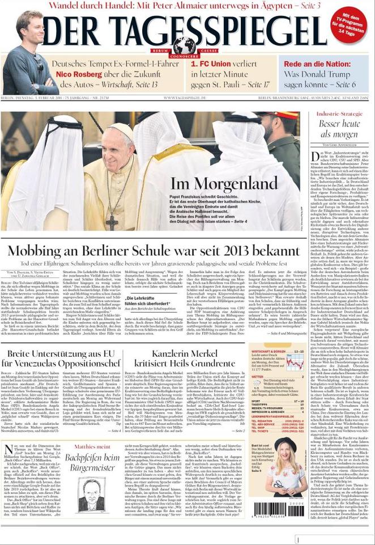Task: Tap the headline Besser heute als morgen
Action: (339, 129)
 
